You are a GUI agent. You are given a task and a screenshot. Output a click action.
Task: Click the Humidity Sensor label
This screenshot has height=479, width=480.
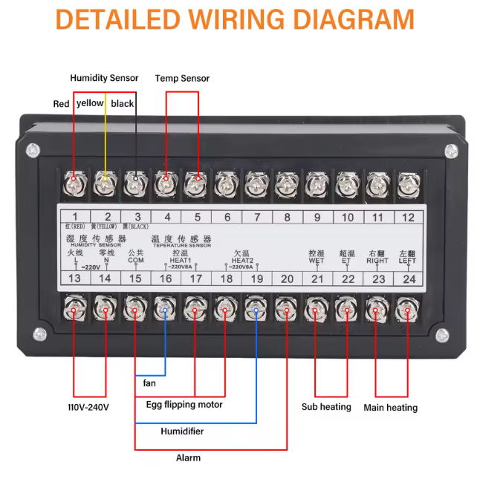tap(104, 78)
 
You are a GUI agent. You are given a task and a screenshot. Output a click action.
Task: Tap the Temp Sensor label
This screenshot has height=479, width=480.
tap(182, 78)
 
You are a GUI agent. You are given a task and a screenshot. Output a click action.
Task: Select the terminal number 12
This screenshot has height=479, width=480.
tap(408, 218)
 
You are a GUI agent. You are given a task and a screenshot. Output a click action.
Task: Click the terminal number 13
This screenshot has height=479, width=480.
tap(74, 278)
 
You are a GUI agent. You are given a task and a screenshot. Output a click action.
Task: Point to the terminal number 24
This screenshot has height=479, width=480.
tap(408, 278)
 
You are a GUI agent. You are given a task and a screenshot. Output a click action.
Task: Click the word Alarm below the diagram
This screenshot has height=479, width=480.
tap(188, 457)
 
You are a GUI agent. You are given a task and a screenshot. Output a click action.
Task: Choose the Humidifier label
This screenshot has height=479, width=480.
tap(182, 431)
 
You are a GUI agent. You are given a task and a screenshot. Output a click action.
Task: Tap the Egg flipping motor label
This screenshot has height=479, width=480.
tap(184, 405)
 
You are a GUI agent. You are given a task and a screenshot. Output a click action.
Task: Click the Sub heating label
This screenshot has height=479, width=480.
tap(326, 407)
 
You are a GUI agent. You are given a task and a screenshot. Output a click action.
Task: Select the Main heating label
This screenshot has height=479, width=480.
tap(390, 408)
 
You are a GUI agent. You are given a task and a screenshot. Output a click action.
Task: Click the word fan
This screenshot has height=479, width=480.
tap(149, 383)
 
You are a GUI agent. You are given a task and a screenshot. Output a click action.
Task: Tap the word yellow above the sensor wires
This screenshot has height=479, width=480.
tap(90, 104)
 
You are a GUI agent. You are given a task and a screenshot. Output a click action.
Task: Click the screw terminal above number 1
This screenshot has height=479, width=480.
tap(74, 180)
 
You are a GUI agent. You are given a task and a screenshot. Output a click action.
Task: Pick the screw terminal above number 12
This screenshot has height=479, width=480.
tap(407, 180)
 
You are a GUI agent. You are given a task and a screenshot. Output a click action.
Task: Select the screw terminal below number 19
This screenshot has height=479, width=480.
tap(256, 310)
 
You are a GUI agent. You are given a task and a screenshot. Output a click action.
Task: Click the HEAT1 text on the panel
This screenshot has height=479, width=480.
tap(181, 261)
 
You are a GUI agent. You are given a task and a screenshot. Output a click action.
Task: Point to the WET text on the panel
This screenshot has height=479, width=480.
tap(317, 261)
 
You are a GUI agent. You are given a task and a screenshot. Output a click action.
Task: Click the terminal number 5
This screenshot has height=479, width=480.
tap(197, 218)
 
